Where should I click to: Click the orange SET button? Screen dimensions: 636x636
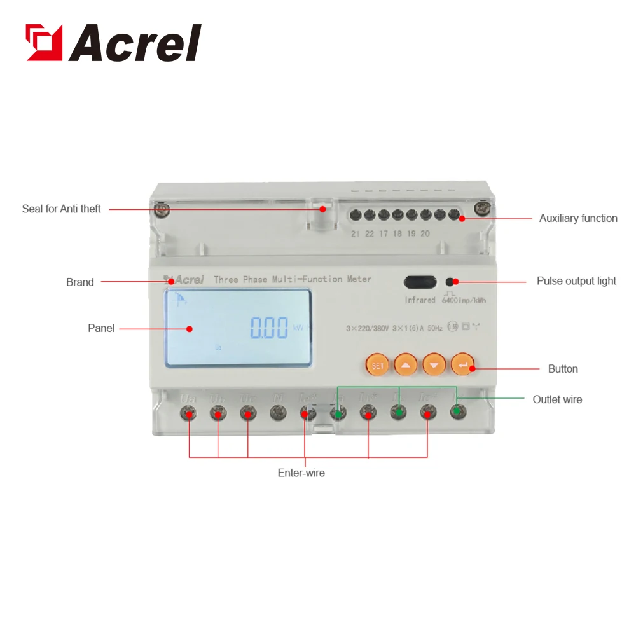(376, 365)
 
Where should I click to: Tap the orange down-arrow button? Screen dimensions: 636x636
(434, 365)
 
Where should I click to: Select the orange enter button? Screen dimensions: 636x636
(462, 365)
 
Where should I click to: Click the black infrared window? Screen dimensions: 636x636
(420, 282)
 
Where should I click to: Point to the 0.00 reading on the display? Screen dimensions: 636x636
(269, 328)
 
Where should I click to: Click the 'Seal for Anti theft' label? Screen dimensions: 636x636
(61, 209)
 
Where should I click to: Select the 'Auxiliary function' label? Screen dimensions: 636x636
(578, 218)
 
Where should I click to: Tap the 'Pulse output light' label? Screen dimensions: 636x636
(576, 281)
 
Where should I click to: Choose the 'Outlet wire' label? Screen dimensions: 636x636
(557, 399)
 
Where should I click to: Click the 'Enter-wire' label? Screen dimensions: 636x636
(301, 473)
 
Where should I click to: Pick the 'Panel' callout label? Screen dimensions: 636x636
(101, 328)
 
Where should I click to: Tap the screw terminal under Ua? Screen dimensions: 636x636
(189, 414)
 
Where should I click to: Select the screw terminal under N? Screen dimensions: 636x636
(277, 414)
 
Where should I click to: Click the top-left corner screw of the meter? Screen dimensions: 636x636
(163, 208)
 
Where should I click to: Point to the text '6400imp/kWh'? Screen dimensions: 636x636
(464, 300)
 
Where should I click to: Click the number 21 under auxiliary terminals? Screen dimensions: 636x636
(356, 233)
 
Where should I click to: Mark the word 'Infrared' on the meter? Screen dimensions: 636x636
(420, 300)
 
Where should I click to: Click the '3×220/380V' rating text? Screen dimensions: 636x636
(367, 328)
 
